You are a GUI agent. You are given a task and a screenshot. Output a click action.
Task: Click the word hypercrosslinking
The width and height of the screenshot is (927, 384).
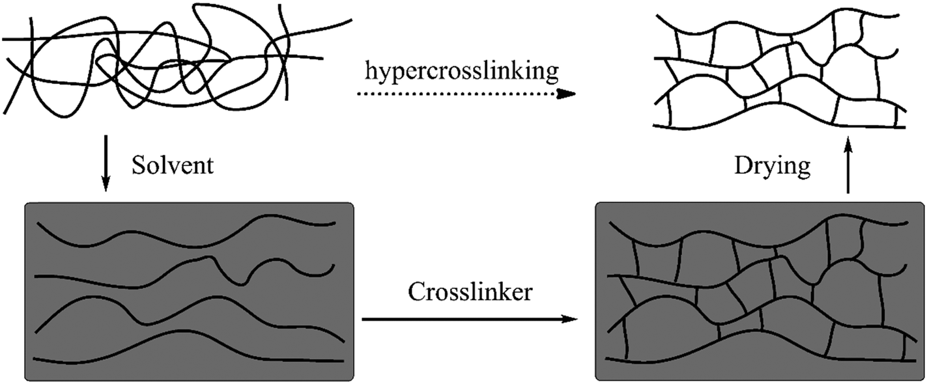tap(461, 73)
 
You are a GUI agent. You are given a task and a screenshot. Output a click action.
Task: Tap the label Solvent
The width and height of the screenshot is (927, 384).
tap(172, 166)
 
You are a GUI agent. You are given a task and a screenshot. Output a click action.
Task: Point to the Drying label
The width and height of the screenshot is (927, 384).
tap(772, 166)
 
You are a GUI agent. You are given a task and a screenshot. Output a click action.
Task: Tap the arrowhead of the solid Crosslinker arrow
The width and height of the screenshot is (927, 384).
tap(570, 319)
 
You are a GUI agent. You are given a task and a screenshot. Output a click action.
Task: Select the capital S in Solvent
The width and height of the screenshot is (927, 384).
tap(137, 166)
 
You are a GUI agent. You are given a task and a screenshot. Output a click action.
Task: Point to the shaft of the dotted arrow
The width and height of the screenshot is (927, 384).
tap(456, 94)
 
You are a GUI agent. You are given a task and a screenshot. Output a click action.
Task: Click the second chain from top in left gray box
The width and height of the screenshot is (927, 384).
tap(130, 282)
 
